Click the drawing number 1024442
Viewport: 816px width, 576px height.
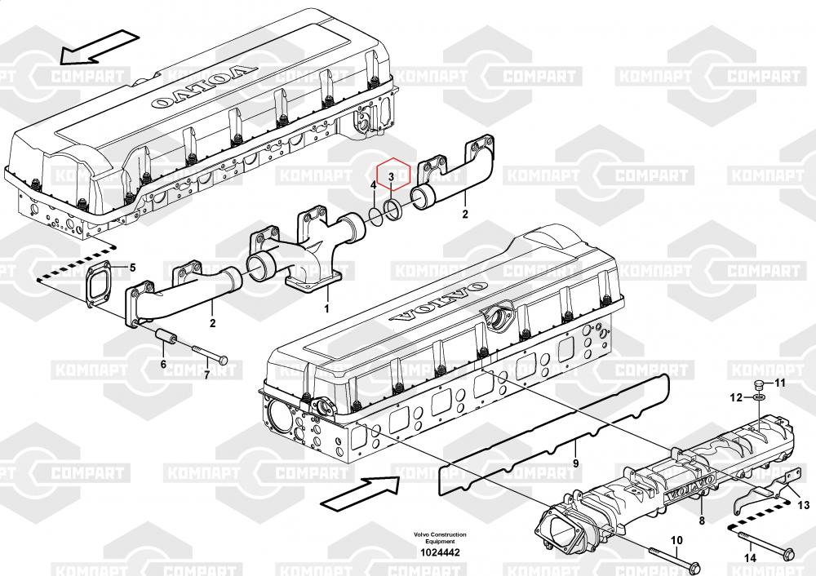(441, 552)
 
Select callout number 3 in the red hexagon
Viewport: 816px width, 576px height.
(391, 178)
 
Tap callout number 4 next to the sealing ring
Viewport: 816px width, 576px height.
(373, 185)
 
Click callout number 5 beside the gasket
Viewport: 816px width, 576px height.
(133, 268)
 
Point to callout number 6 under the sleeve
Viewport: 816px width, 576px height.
(163, 364)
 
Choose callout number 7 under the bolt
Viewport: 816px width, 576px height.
(206, 374)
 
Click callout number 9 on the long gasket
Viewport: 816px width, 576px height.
(575, 463)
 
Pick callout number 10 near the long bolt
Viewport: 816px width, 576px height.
(676, 541)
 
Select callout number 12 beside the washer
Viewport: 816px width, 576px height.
(736, 398)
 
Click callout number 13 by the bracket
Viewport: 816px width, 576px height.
(804, 505)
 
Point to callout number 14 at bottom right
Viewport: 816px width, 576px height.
(750, 558)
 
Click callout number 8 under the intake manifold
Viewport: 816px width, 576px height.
(702, 521)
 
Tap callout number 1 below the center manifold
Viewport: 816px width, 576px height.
(326, 308)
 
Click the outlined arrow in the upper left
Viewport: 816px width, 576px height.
(99, 47)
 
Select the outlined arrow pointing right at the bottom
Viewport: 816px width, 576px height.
(360, 492)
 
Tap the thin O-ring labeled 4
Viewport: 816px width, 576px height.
(375, 214)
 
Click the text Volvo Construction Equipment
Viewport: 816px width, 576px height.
(441, 538)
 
